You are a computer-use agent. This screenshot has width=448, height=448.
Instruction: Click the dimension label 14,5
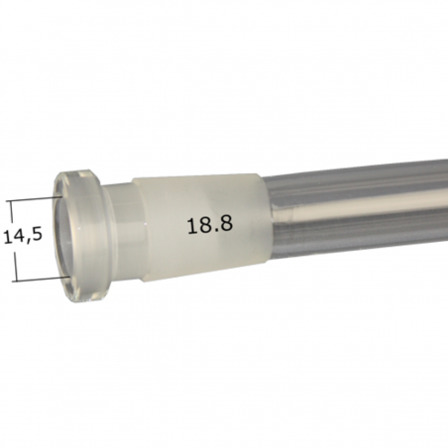click(23, 239)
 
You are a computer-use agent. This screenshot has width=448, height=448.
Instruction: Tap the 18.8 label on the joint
click(209, 225)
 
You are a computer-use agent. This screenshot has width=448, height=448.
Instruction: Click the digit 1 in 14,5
click(7, 239)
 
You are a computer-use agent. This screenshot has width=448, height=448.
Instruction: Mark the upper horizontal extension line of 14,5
click(36, 199)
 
